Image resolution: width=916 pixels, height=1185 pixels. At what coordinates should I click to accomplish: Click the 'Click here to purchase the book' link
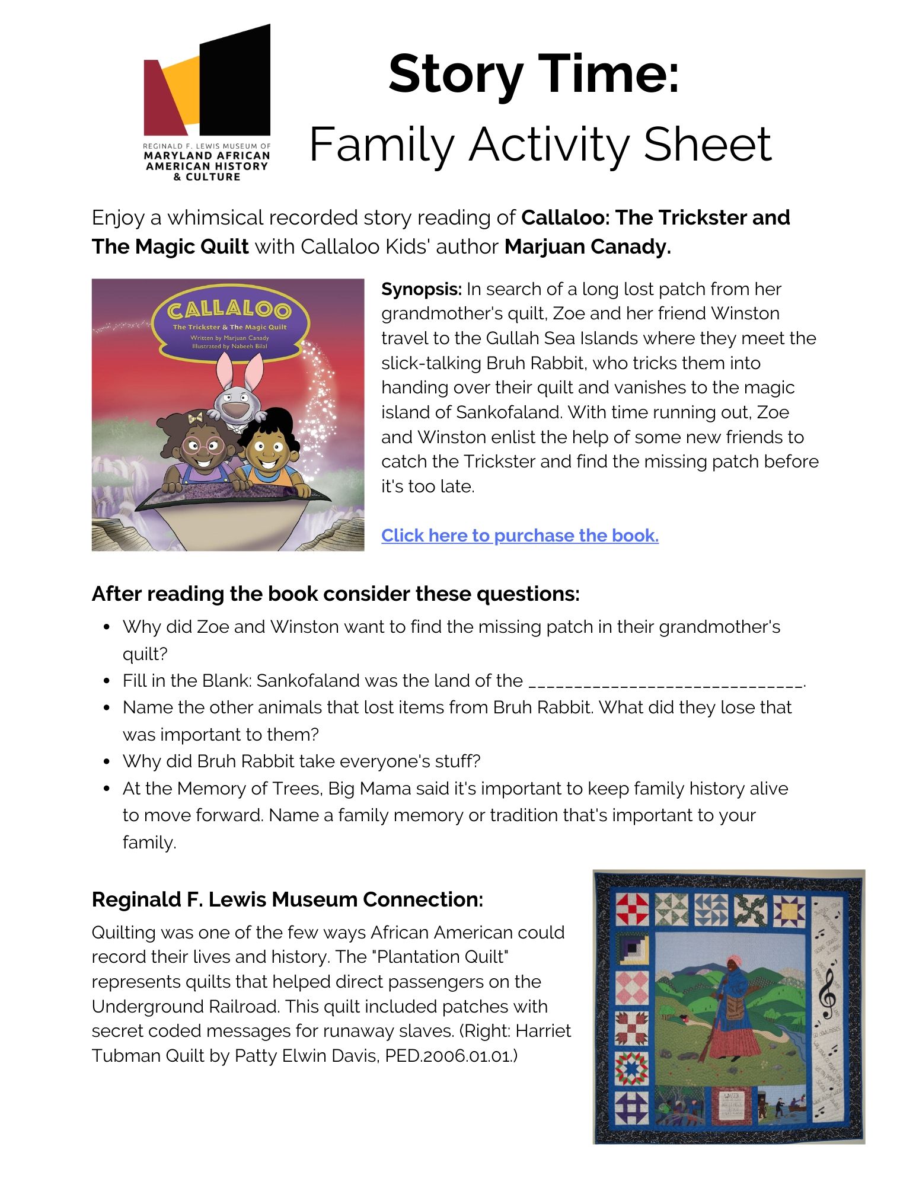[x=519, y=535]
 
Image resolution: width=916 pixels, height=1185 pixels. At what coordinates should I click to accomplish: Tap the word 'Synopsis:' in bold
[x=421, y=289]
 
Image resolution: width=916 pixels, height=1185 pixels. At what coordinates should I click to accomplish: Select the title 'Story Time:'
[x=534, y=74]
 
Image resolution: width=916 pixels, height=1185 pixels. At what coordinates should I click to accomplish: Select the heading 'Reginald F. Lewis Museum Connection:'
[x=288, y=899]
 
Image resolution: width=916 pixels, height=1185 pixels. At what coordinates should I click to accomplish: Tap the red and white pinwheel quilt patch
[x=633, y=909]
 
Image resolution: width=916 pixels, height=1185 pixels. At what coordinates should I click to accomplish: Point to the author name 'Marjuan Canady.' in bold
[x=588, y=246]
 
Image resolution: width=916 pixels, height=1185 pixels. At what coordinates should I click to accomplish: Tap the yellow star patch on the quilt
[x=789, y=911]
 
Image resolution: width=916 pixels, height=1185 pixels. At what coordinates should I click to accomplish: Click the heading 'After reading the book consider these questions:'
[x=336, y=593]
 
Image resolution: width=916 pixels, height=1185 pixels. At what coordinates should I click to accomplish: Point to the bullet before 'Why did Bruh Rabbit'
[x=107, y=761]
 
